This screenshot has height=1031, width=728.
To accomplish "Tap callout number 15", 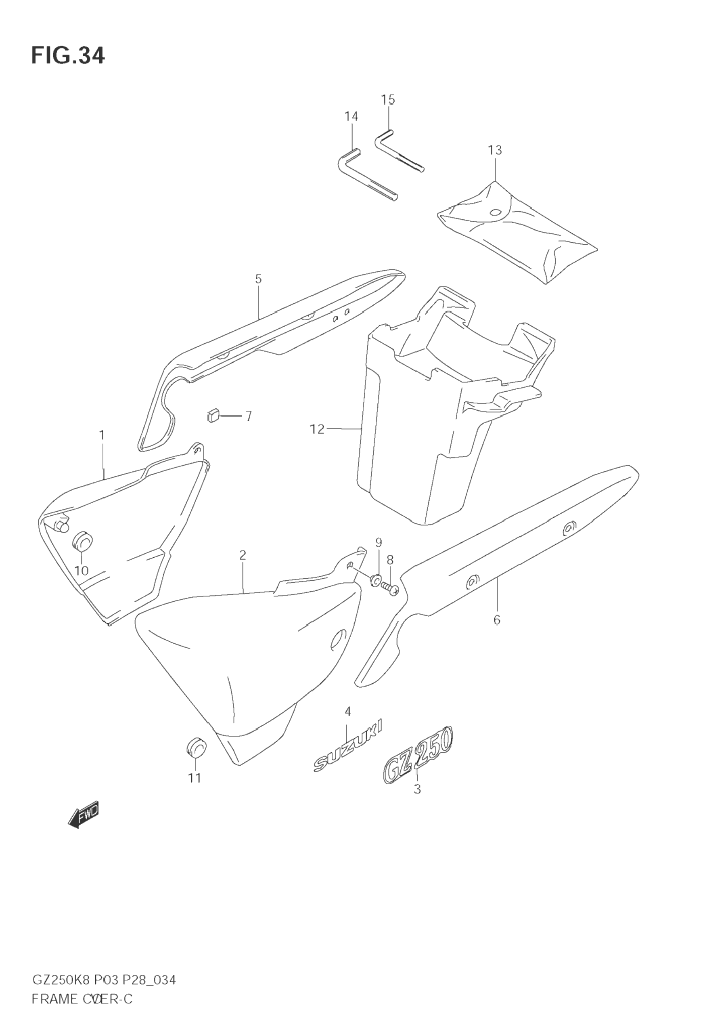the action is [x=388, y=100].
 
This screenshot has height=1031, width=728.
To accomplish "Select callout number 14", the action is [x=351, y=117].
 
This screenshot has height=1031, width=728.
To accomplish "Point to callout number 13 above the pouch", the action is [x=495, y=150].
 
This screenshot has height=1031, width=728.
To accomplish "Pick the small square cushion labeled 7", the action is [x=213, y=416].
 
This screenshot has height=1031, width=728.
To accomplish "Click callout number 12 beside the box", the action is [x=317, y=429].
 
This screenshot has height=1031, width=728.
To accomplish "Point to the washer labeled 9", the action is [x=375, y=580].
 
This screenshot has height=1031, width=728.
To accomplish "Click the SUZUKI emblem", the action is [x=348, y=750].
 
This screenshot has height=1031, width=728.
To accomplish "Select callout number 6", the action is [x=497, y=620].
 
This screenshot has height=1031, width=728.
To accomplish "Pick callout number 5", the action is [x=258, y=279].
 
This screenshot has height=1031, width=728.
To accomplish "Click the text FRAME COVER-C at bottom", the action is [x=82, y=987].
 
